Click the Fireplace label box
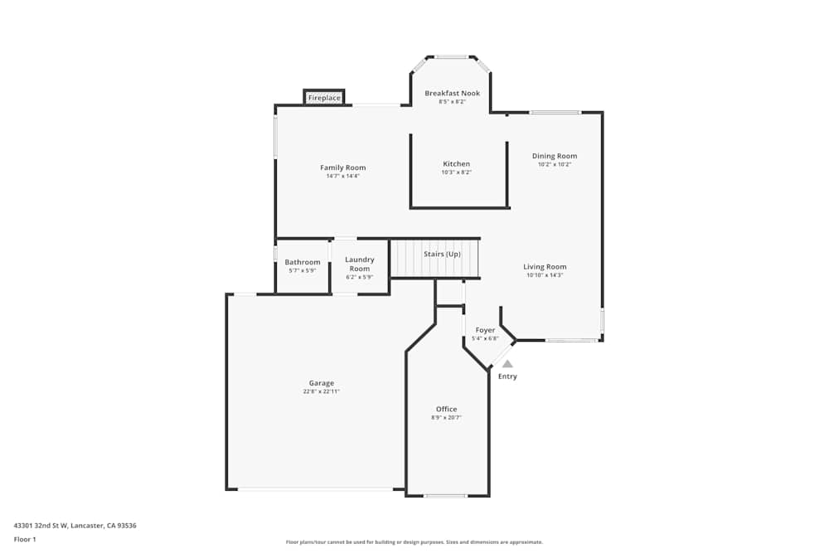324,98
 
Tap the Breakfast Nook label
452,94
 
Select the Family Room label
342,167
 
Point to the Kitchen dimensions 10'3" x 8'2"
456,172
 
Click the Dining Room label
555,156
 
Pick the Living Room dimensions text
545,275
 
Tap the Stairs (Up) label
442,254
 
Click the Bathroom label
302,262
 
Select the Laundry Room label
359,264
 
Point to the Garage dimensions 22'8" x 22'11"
322,391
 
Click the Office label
446,410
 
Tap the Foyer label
485,330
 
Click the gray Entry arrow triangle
507,363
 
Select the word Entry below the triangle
507,376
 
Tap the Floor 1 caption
25,539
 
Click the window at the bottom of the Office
445,496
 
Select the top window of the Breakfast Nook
451,57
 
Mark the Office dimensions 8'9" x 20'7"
446,418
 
